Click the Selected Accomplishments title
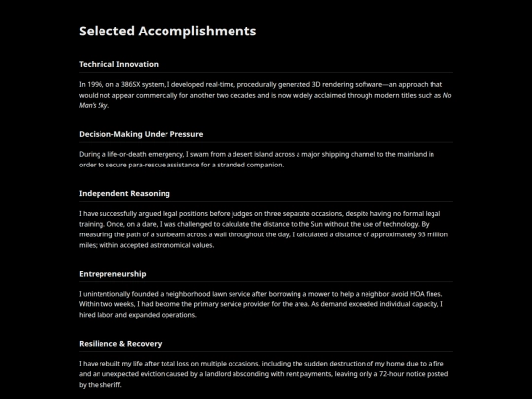click(167, 31)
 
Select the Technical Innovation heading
click(118, 64)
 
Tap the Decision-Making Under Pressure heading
click(141, 133)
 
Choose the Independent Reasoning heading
click(124, 193)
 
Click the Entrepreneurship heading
click(112, 273)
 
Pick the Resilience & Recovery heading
click(120, 343)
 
